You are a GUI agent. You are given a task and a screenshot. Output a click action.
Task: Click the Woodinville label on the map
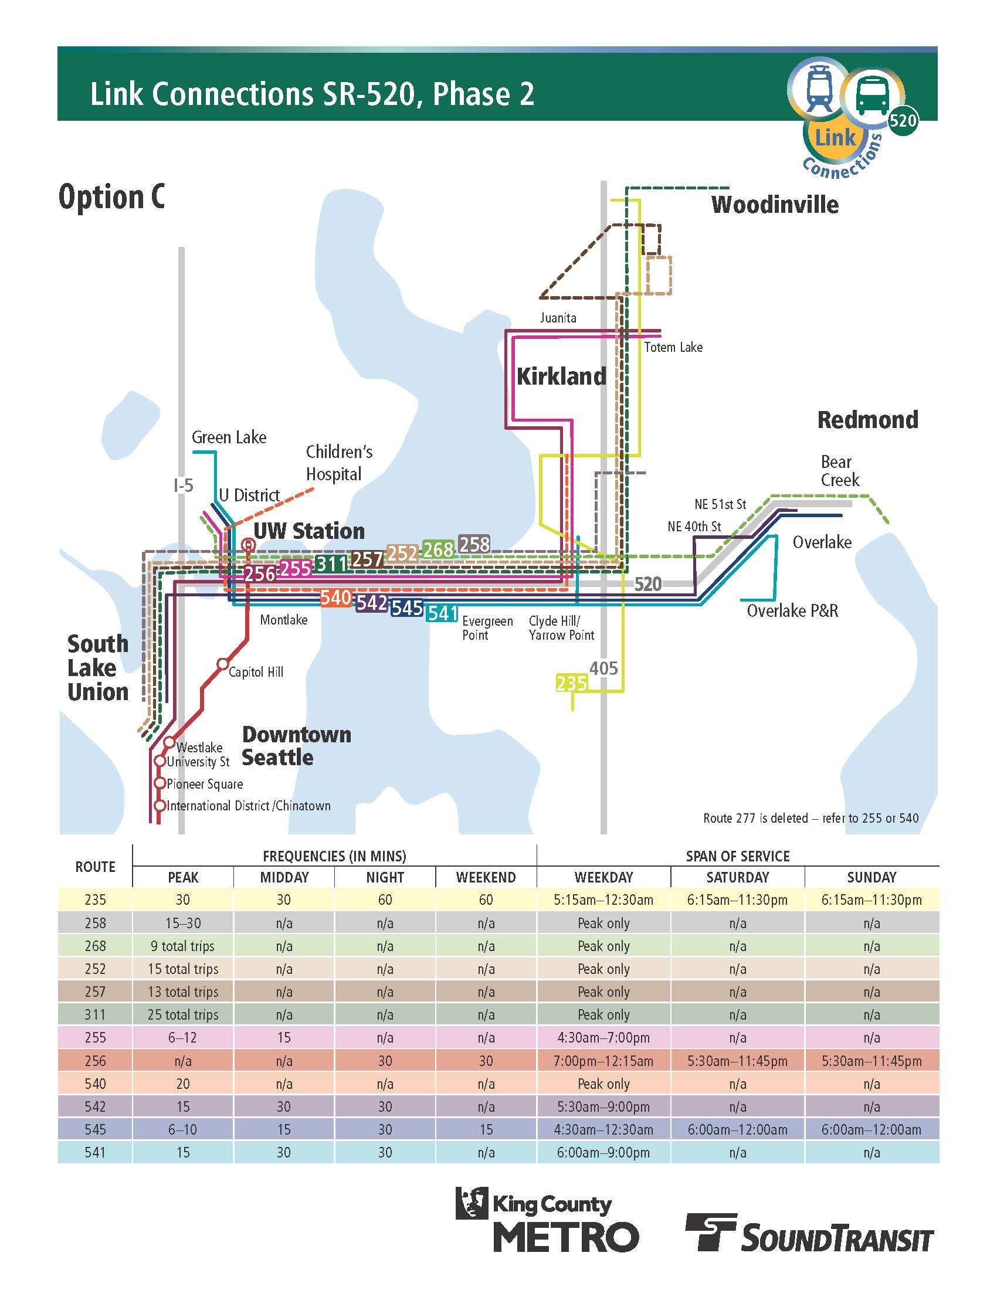pyautogui.click(x=774, y=205)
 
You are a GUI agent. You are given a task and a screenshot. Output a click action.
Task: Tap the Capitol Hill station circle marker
pyautogui.click(x=222, y=663)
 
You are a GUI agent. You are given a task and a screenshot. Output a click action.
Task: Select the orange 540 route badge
pyautogui.click(x=335, y=597)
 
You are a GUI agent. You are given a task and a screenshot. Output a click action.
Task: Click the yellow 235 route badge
pyautogui.click(x=571, y=683)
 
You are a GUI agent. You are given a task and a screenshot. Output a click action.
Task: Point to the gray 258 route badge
pyautogui.click(x=474, y=544)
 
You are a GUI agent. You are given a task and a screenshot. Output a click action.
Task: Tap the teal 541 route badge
pyautogui.click(x=442, y=613)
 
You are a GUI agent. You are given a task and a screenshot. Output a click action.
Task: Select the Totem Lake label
pyautogui.click(x=673, y=347)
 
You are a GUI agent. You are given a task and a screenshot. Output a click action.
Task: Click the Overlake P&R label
pyautogui.click(x=792, y=610)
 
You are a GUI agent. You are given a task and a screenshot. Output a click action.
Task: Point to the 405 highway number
pyautogui.click(x=603, y=668)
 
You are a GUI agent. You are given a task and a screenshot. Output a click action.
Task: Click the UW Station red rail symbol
pyautogui.click(x=248, y=545)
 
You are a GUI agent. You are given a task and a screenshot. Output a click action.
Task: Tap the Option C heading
pyautogui.click(x=111, y=196)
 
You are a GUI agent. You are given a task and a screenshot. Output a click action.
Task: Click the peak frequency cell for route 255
pyautogui.click(x=182, y=1037)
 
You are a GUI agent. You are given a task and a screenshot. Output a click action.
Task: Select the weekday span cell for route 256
pyautogui.click(x=603, y=1060)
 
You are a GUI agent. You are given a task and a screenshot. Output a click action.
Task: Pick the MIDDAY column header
pyautogui.click(x=284, y=877)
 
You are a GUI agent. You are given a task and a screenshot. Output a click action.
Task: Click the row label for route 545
pyautogui.click(x=95, y=1129)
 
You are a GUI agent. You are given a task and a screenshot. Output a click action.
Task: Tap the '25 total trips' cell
pyautogui.click(x=182, y=1014)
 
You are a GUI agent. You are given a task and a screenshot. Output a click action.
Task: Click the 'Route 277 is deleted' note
pyautogui.click(x=811, y=818)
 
